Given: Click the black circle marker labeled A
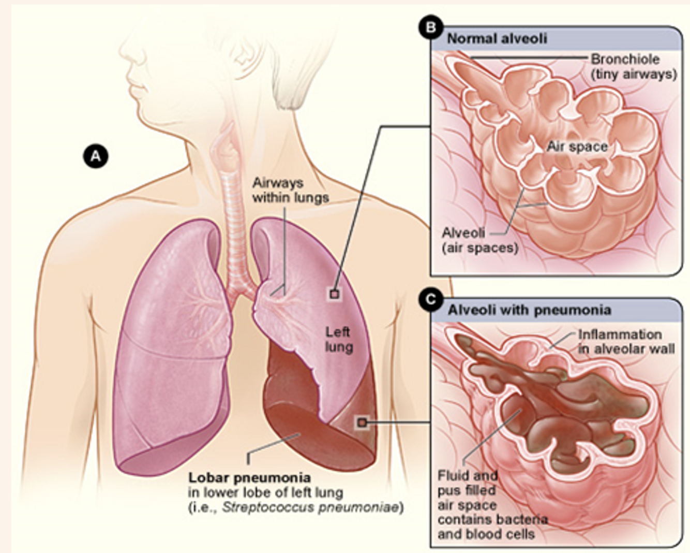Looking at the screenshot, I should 96,155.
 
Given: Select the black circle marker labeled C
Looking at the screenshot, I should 430,299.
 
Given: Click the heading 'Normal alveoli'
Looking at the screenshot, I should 497,39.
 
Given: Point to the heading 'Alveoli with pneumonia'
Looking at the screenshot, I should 529,310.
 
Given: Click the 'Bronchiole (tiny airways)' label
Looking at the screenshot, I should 633,67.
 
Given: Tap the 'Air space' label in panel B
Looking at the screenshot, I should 577,147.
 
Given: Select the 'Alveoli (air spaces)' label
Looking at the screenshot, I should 479,240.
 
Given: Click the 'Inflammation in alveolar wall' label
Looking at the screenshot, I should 626,342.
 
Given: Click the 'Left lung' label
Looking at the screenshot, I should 338,339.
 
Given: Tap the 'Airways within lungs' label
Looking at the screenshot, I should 290,190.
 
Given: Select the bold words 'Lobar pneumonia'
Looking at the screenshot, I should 249,478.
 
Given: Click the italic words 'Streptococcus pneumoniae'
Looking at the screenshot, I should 310,507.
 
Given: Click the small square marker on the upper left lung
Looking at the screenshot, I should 335,294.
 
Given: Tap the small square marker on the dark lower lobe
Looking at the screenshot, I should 362,423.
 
